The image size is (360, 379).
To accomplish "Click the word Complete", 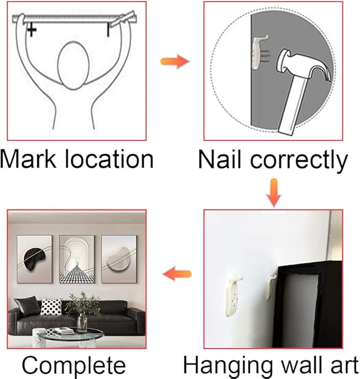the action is tap(74, 365).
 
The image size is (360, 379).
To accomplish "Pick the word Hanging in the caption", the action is tap(229, 366).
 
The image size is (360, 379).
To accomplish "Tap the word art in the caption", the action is tap(344, 365).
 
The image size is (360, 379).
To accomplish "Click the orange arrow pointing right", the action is tap(175, 61).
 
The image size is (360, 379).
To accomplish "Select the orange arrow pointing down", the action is tap(274, 192).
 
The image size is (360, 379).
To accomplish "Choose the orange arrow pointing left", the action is tap(177, 274).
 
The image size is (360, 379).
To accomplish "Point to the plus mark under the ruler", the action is tap(31, 30).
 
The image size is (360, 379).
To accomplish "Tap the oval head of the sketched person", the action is tap(73, 66).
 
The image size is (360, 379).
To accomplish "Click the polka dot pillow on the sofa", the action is tap(51, 306).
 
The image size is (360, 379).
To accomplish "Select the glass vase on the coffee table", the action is tap(82, 322).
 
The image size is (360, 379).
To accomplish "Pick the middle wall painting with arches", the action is tap(77, 259).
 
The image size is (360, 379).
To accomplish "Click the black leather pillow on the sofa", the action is tap(27, 306).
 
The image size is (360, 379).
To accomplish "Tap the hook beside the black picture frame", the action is tap(272, 287).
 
